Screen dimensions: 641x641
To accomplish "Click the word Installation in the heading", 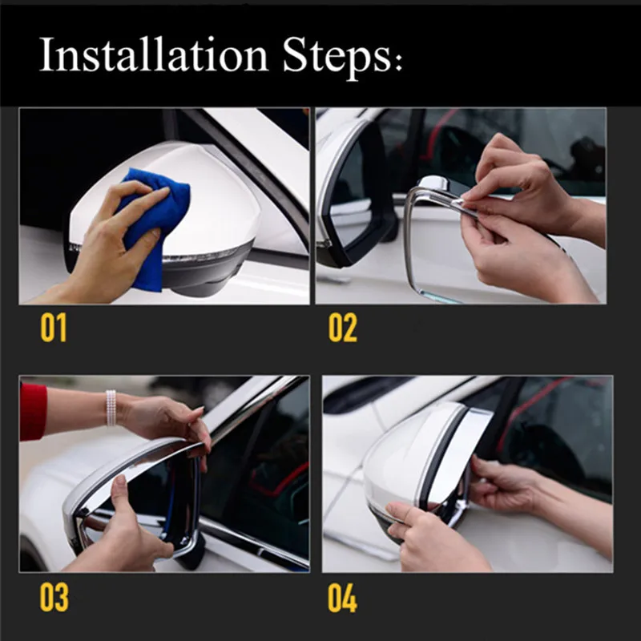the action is tap(153, 54).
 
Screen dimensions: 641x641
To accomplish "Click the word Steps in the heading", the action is tap(337, 57).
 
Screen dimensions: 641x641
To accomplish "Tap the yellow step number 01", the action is tap(53, 328).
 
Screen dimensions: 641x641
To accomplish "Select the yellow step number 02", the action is tap(343, 328).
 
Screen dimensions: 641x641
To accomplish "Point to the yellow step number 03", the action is tap(54, 597).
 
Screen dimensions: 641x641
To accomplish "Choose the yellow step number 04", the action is tap(343, 597).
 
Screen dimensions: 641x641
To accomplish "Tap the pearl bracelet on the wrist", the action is tap(111, 408).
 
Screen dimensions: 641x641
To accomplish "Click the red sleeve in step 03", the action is tap(33, 412).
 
